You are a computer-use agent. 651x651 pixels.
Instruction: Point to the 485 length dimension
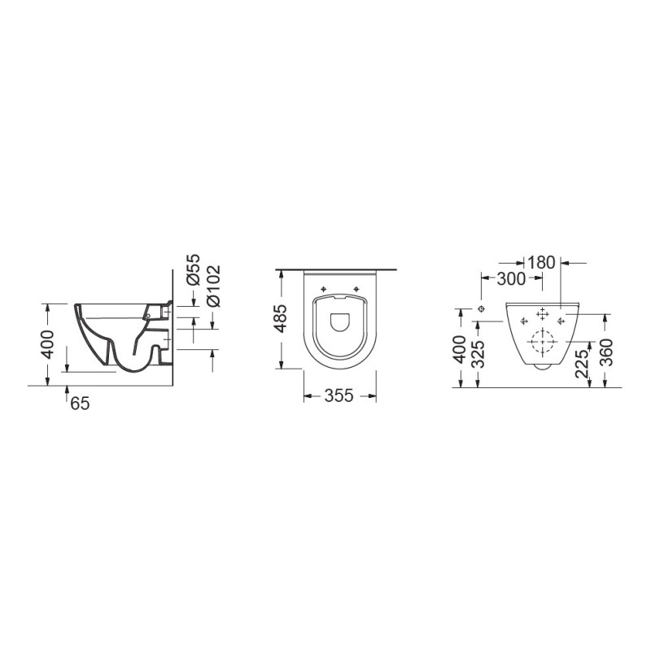(280, 320)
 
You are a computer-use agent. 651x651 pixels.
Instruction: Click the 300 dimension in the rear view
(512, 279)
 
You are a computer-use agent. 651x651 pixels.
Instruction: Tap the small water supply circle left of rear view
(483, 309)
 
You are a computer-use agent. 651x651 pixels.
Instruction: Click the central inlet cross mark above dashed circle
(542, 314)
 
